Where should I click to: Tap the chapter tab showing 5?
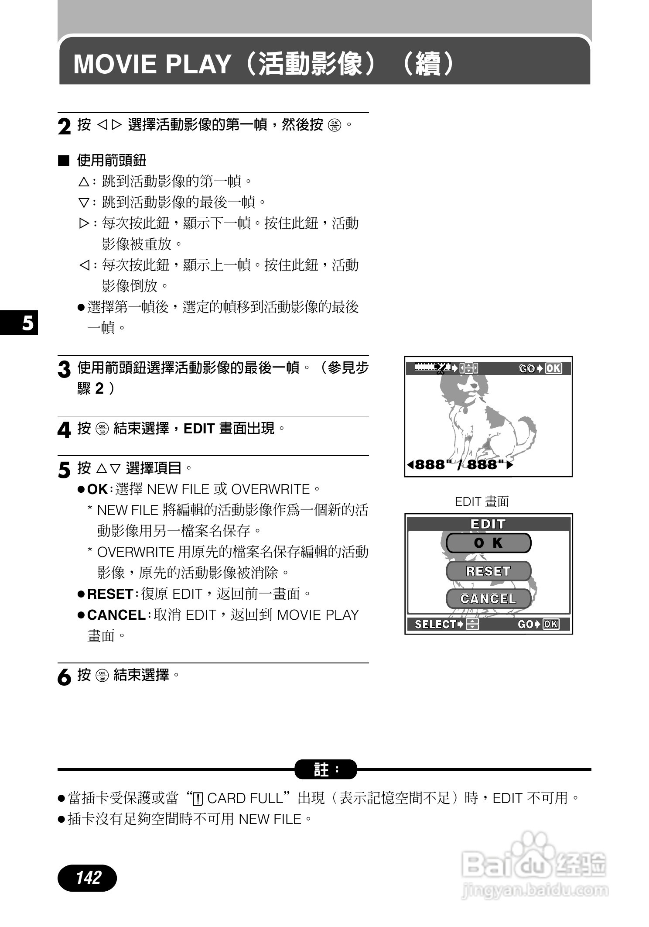[27, 323]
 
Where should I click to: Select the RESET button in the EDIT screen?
[488, 571]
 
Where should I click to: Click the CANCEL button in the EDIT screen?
[488, 599]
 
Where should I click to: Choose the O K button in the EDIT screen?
[488, 543]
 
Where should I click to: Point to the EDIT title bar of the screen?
[488, 524]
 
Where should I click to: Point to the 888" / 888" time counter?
[460, 464]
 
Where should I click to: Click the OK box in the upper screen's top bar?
[553, 368]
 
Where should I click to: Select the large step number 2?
[64, 127]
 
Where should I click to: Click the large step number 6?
[64, 677]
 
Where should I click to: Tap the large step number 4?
[64, 430]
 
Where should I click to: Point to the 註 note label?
[325, 769]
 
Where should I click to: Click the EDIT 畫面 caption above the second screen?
[482, 501]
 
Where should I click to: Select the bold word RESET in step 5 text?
[110, 594]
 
